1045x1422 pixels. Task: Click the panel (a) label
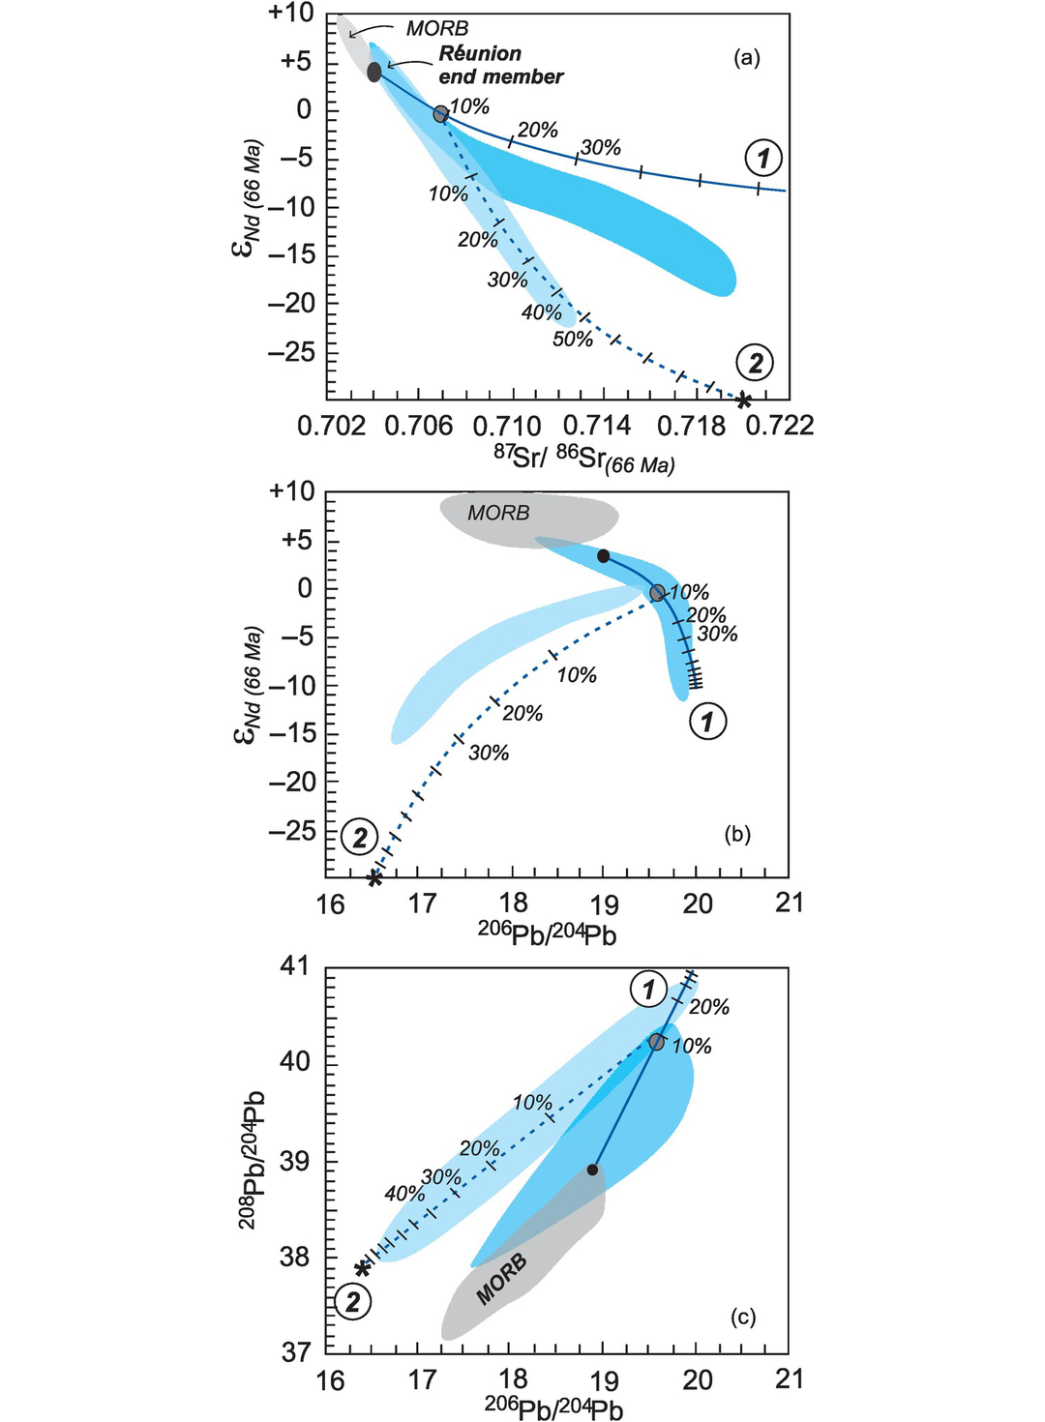click(x=746, y=58)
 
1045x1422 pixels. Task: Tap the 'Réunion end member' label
click(x=500, y=66)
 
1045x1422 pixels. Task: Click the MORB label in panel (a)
click(x=436, y=29)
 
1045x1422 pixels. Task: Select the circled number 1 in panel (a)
click(x=762, y=157)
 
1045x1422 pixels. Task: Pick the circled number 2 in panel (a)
click(x=755, y=363)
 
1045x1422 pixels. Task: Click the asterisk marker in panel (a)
click(x=743, y=400)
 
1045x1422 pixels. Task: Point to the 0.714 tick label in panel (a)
click(x=604, y=426)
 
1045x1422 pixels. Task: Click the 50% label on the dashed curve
click(x=572, y=340)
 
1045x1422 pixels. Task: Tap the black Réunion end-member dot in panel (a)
click(x=374, y=72)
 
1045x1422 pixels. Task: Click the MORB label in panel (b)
click(x=498, y=513)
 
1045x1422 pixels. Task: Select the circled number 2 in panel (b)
click(x=360, y=836)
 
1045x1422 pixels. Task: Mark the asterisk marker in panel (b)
click(x=375, y=877)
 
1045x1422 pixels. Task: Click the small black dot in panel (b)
click(x=603, y=556)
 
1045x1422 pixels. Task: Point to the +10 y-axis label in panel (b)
click(x=291, y=491)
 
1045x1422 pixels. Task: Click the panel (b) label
click(x=737, y=834)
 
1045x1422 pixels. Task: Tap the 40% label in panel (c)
click(x=403, y=1194)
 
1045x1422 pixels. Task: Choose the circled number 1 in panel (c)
click(x=648, y=990)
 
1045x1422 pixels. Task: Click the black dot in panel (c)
click(x=592, y=1170)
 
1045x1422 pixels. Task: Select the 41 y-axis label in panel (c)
click(x=297, y=966)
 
